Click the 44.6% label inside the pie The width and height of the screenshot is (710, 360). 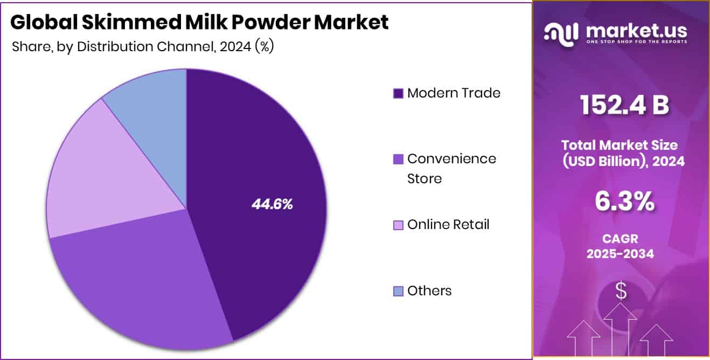[272, 204]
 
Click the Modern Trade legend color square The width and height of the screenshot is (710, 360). [398, 93]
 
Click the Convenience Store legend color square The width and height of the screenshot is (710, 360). [398, 159]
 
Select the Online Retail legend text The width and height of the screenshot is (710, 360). [448, 224]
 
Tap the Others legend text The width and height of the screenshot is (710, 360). [429, 290]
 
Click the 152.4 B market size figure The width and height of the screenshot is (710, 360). [624, 105]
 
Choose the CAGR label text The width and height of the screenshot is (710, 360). [621, 238]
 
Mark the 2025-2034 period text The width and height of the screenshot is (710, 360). [621, 253]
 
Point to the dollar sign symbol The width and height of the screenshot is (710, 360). [621, 292]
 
